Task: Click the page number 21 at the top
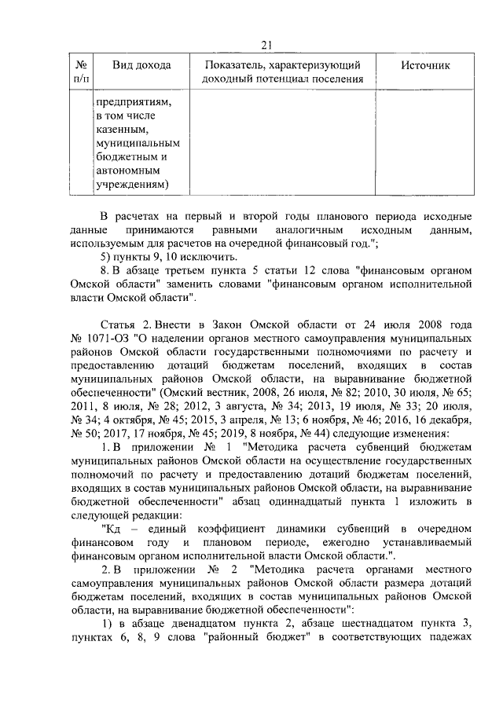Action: [265, 45]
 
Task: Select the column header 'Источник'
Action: [425, 66]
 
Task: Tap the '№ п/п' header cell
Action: [80, 72]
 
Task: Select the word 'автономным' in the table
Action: [127, 170]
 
